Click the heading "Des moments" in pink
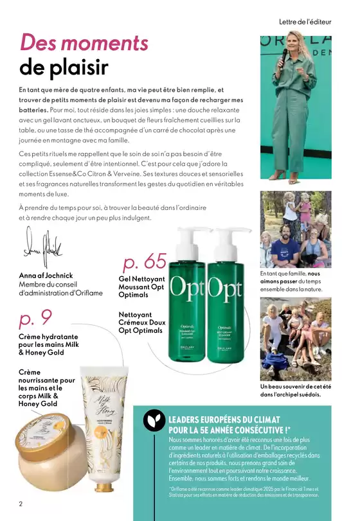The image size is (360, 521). [x=84, y=42]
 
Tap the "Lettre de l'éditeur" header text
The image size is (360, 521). [x=305, y=21]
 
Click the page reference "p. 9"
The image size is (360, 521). [x=35, y=318]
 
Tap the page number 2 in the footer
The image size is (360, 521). [x=21, y=504]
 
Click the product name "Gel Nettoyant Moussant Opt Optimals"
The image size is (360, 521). [x=141, y=287]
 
